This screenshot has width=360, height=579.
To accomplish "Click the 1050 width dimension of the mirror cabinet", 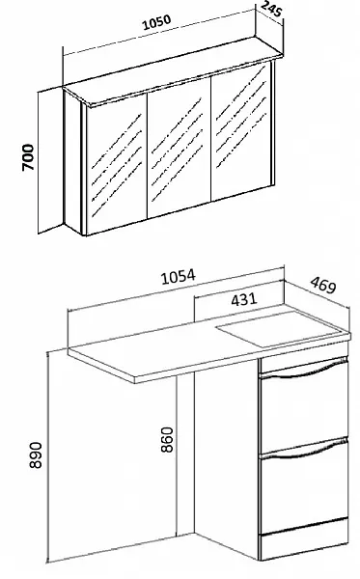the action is (157, 22).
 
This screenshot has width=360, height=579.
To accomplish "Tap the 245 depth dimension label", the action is (272, 9).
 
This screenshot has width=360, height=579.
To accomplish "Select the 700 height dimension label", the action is (28, 157).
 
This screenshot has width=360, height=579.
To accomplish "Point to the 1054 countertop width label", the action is (178, 277).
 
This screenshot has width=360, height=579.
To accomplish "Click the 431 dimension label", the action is (243, 299).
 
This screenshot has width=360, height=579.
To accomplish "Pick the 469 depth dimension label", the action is (323, 285).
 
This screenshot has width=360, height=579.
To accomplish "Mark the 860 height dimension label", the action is (167, 439).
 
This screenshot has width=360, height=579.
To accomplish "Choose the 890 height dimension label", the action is (36, 455).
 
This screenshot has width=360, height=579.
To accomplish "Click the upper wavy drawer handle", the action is (303, 370).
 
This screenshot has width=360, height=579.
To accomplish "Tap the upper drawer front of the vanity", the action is (303, 410).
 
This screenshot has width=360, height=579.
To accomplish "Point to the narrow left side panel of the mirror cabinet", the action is (72, 161).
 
